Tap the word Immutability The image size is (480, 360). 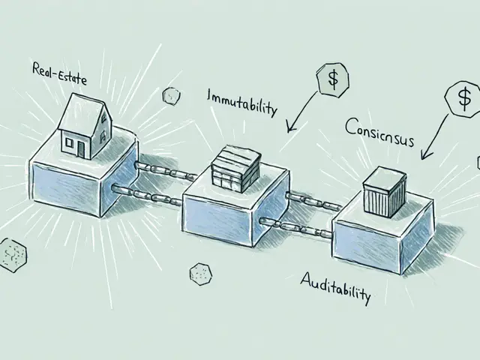[x=241, y=103]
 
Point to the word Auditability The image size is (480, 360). [x=335, y=286]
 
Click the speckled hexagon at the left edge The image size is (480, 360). [x=12, y=253]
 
